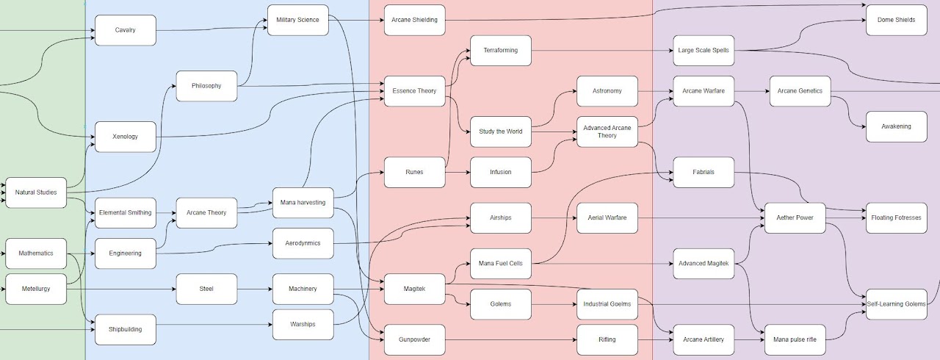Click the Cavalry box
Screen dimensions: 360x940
point(125,30)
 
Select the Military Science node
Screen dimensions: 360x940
point(297,20)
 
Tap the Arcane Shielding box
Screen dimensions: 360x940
point(414,20)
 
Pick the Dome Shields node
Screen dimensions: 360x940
point(896,20)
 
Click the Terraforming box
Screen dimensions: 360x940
point(500,51)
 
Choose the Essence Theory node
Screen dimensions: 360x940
point(414,91)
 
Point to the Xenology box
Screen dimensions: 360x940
point(125,137)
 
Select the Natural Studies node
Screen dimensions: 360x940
point(36,192)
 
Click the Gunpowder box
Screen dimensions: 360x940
point(414,339)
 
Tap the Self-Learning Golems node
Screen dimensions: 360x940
point(896,304)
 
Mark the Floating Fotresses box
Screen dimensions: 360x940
point(896,218)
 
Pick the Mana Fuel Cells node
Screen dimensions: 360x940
point(500,264)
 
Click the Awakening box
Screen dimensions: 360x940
point(896,126)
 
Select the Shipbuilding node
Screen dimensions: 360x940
point(125,329)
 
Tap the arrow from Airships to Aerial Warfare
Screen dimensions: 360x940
point(554,218)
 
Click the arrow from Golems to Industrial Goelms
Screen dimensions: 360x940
point(554,304)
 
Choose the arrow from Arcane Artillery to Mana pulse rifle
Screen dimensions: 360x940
point(749,339)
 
